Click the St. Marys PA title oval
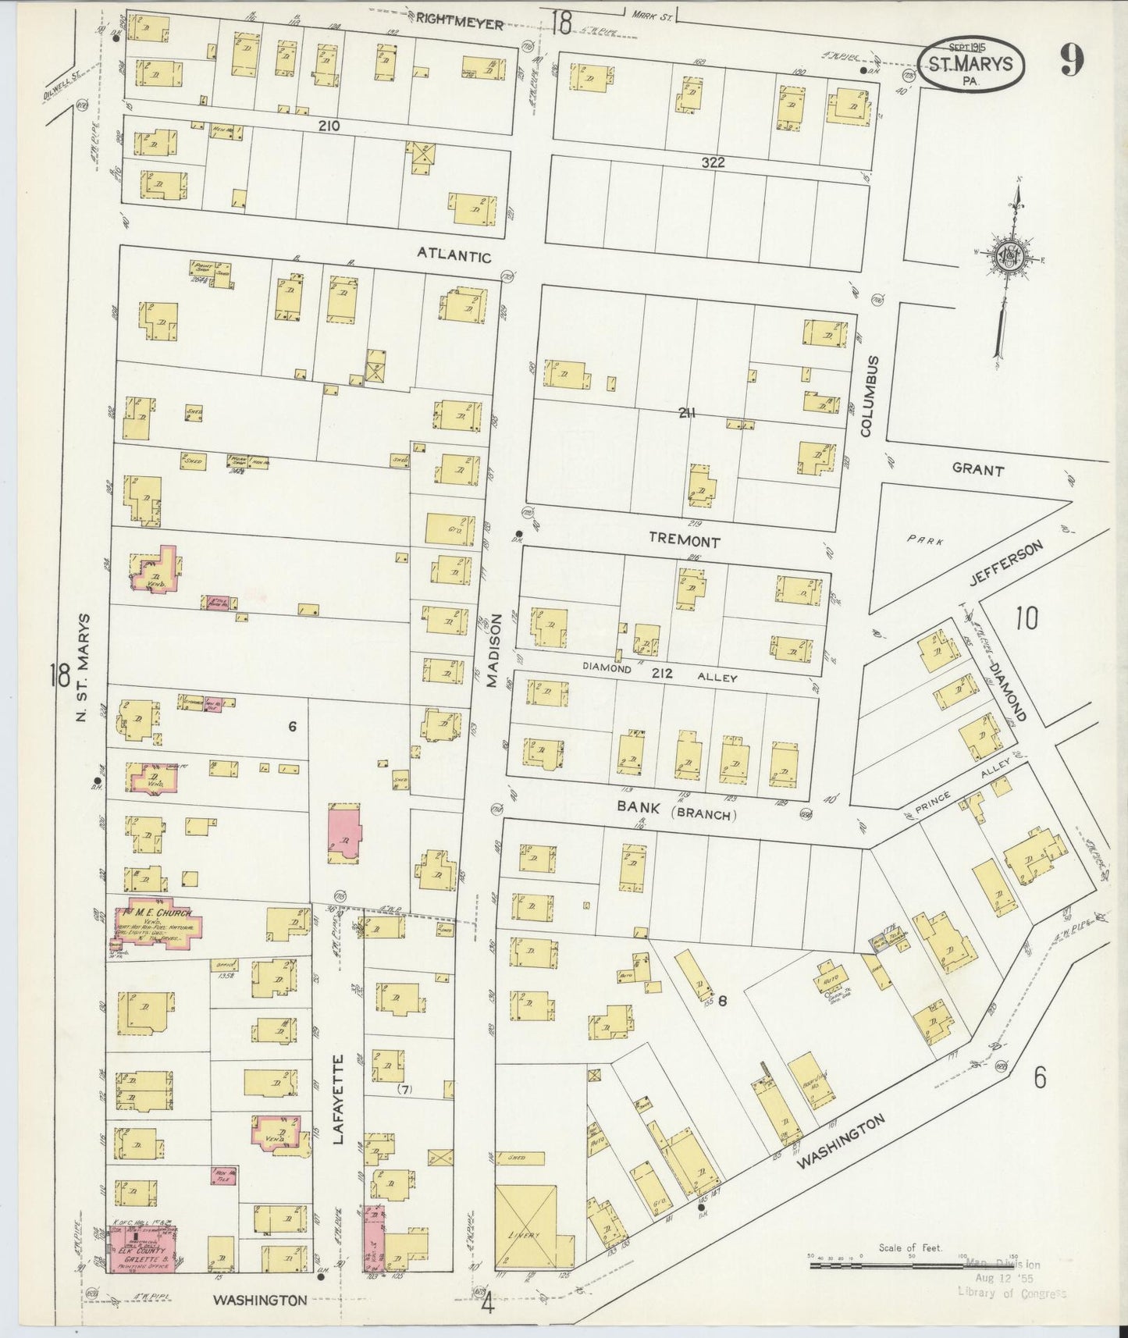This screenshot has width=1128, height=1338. click(970, 65)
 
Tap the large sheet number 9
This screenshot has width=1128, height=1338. click(1073, 61)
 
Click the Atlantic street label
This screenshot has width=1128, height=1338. click(454, 254)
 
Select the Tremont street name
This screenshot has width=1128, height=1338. click(685, 541)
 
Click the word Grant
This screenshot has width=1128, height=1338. click(977, 470)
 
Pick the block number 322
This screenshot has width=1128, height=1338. click(713, 162)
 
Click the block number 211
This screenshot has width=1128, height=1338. click(686, 414)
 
